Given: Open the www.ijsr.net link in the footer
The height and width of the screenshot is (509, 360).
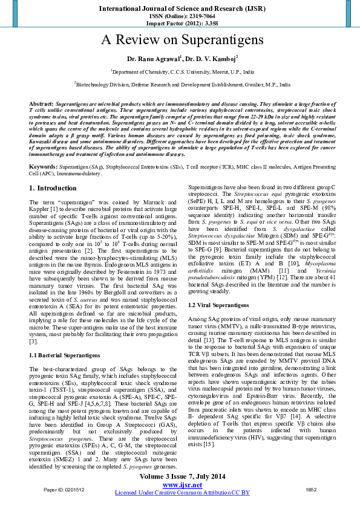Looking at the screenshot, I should tap(182, 485).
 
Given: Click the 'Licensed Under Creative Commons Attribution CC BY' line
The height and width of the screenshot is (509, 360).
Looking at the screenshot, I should tap(182, 493).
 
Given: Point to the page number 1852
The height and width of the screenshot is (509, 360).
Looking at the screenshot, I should tap(311, 488).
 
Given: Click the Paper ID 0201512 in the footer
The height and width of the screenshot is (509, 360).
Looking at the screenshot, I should tap(64, 488).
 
